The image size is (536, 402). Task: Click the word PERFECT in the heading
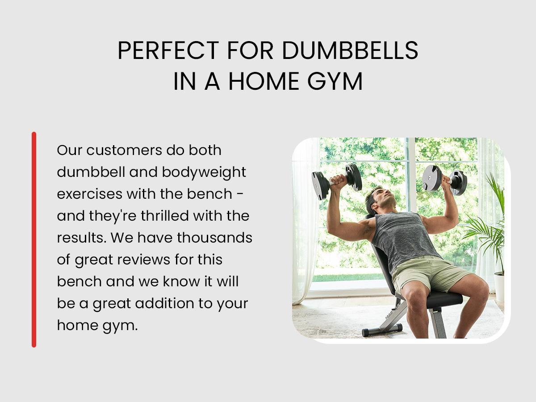pos(168,50)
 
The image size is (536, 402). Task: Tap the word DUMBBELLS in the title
pos(350,50)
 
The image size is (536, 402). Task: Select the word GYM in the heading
pos(335,81)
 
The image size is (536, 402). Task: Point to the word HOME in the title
pos(264,81)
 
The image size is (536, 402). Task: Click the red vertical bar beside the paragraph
pos(34,239)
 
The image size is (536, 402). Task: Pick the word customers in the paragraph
pos(124,150)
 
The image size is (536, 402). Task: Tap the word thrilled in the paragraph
pos(165,216)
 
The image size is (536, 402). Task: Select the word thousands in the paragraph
pos(215,238)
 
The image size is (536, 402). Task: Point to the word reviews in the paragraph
pos(143,260)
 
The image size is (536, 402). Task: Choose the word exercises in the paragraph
pos(90,194)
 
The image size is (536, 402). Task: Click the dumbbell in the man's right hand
pos(336,181)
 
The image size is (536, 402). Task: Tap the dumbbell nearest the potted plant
pos(444,180)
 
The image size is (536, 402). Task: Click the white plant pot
pos(499,286)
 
